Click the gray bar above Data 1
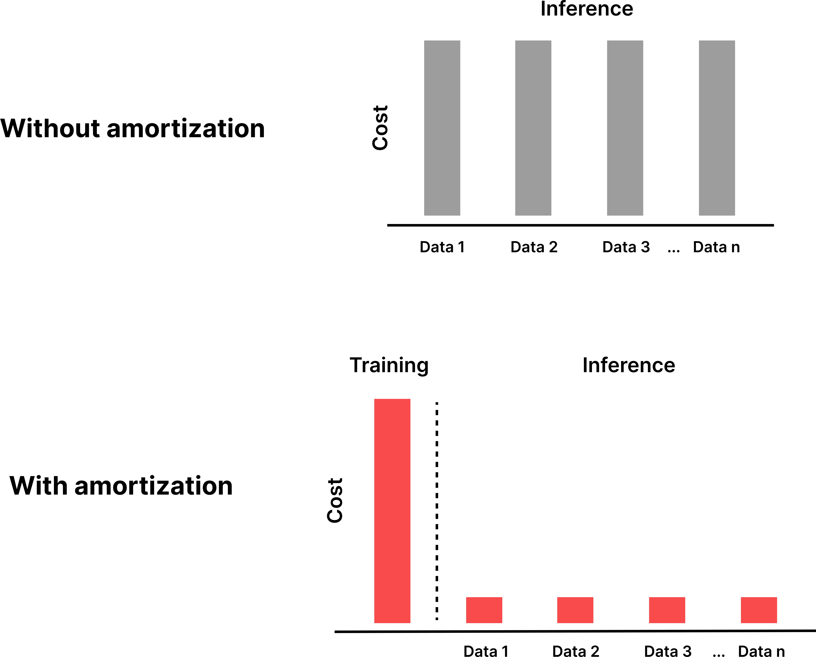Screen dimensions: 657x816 pos(442,128)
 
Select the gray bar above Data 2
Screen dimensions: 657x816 pos(533,128)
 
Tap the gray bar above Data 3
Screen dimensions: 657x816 pos(625,128)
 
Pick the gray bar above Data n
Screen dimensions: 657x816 pos(717,128)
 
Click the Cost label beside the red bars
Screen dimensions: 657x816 pos(335,501)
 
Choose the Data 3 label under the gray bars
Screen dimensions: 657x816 pos(626,247)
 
